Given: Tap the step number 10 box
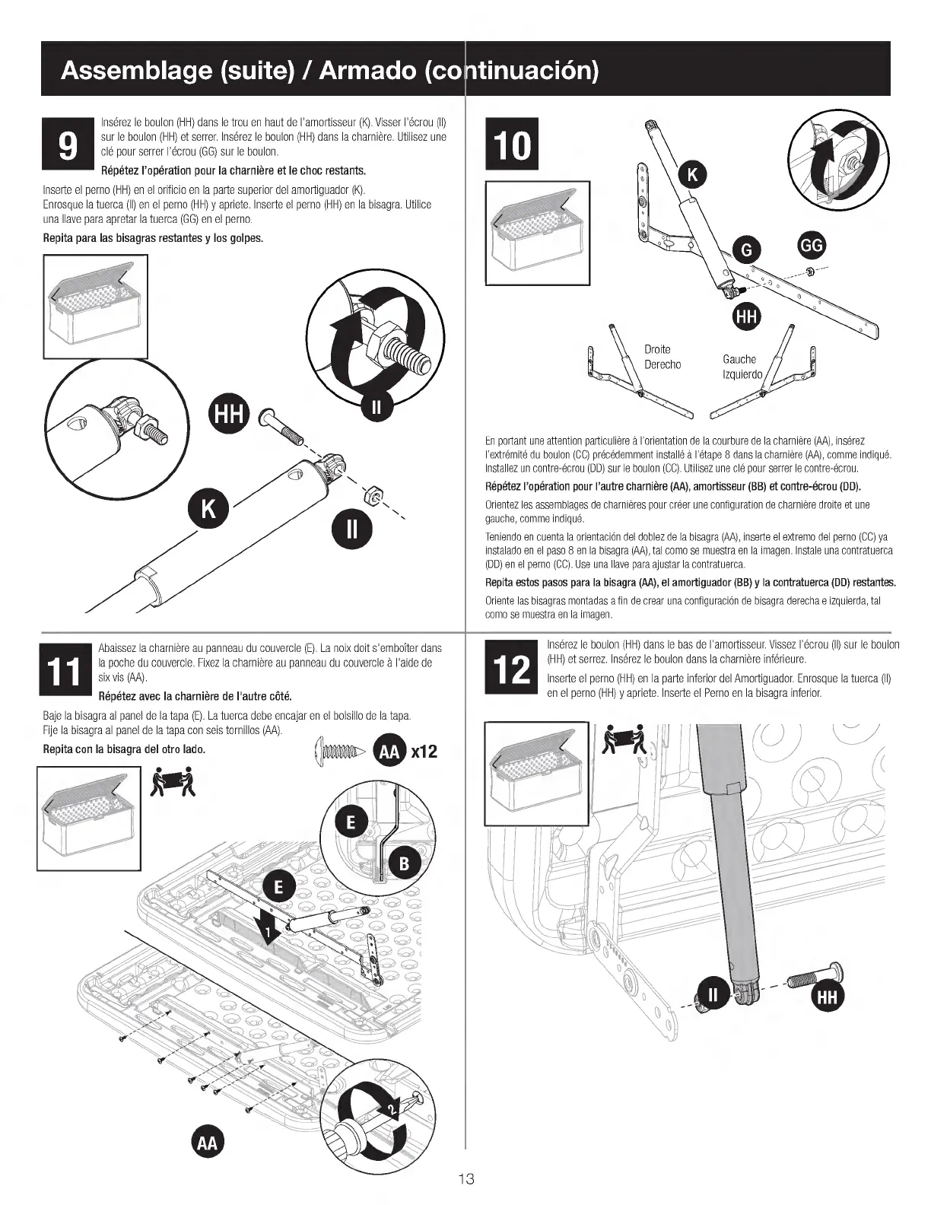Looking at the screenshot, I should pyautogui.click(x=511, y=145).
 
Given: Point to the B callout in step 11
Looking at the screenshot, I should pyautogui.click(x=405, y=863).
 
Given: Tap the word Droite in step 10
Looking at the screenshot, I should pyautogui.click(x=657, y=349).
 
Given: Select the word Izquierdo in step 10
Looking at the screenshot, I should pyautogui.click(x=742, y=375).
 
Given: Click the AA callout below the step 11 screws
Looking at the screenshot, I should pyautogui.click(x=207, y=1143).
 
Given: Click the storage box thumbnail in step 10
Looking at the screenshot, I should pyautogui.click(x=537, y=233).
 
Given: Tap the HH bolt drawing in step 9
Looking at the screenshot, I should pyautogui.click(x=282, y=427).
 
